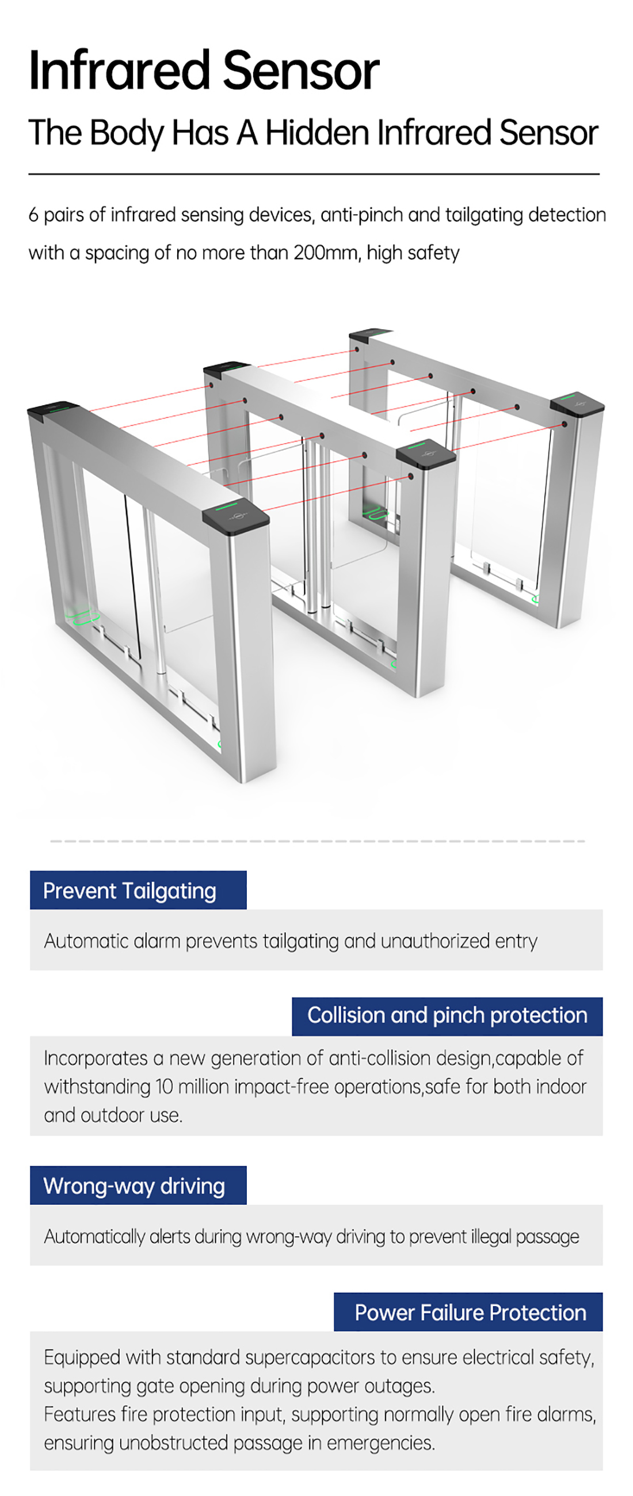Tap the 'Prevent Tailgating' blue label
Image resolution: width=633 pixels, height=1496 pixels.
click(x=138, y=890)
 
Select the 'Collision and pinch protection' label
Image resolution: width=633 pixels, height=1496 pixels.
click(x=447, y=1016)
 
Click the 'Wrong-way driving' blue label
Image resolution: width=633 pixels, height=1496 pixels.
click(x=138, y=1185)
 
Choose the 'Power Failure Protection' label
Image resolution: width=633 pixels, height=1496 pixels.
click(x=468, y=1312)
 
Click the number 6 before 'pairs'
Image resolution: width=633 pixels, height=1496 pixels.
click(x=34, y=215)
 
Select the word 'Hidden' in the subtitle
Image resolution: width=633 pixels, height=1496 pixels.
click(x=318, y=132)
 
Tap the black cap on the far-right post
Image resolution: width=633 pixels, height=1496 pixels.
click(x=577, y=404)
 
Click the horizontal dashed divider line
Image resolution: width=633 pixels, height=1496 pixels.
click(x=317, y=841)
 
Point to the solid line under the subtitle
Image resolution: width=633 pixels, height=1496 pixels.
click(x=314, y=174)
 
